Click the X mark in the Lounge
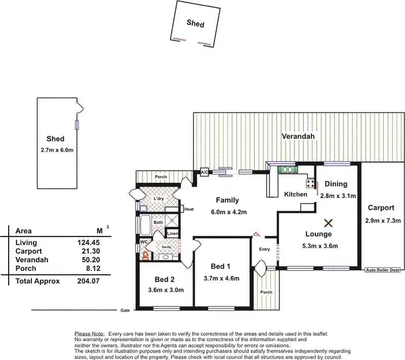click(x=328, y=222)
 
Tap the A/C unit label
click(x=205, y=172)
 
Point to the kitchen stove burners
click(x=311, y=182)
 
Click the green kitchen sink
click(x=287, y=169)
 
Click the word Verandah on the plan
click(x=298, y=137)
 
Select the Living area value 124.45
click(x=89, y=243)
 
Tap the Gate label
click(x=125, y=311)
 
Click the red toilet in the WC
click(x=145, y=255)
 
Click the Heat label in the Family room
click(x=188, y=209)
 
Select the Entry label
click(x=264, y=249)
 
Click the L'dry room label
click(x=159, y=199)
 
